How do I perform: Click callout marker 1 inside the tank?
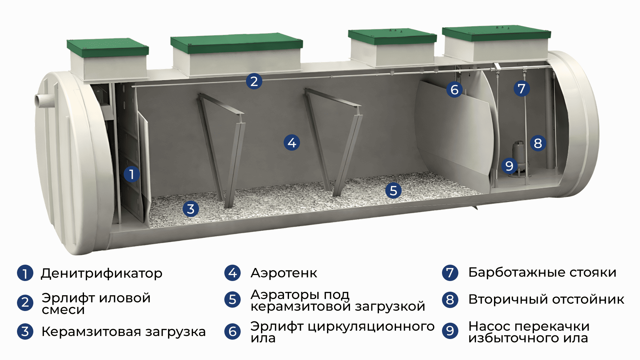point(132,174)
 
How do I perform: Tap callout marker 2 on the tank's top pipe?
point(254,81)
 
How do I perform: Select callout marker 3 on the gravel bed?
point(191,209)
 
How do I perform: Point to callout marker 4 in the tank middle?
point(292,143)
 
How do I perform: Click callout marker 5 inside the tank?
point(393,191)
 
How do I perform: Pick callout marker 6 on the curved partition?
point(454,89)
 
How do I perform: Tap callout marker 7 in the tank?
point(522,88)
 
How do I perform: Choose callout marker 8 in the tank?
point(538,143)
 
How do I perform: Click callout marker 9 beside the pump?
point(509,166)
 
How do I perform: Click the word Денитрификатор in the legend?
point(101,273)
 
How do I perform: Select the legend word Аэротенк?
point(284,273)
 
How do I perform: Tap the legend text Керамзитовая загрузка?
point(123,332)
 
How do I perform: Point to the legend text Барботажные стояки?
point(542,272)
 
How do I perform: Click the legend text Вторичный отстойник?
point(546,299)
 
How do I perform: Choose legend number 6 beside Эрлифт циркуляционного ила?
point(233,332)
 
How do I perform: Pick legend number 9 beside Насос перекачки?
point(450,331)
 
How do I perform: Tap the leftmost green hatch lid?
point(108,48)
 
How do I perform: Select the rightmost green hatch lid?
point(496,33)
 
